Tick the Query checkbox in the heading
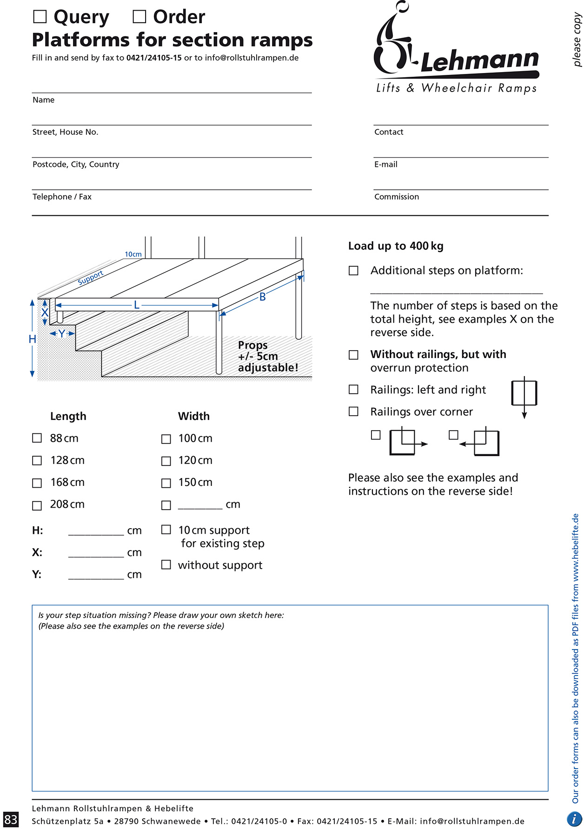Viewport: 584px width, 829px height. pyautogui.click(x=40, y=17)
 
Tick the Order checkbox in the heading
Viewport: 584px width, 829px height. pyautogui.click(x=139, y=17)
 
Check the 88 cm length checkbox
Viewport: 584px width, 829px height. pyautogui.click(x=37, y=438)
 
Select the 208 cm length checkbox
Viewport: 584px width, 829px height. pyautogui.click(x=37, y=505)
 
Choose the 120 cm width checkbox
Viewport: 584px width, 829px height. pyautogui.click(x=166, y=461)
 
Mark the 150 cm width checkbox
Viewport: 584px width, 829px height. pyautogui.click(x=166, y=483)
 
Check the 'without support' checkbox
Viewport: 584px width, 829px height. pyautogui.click(x=166, y=564)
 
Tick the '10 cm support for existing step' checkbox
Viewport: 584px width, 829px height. pyautogui.click(x=166, y=530)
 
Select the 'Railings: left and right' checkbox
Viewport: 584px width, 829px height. pyautogui.click(x=353, y=390)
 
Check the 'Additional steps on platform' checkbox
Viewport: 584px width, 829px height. pyautogui.click(x=353, y=271)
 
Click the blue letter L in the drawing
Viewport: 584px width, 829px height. pyautogui.click(x=137, y=305)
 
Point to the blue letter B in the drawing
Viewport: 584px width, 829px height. pyautogui.click(x=263, y=297)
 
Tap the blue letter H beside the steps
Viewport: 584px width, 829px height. pyautogui.click(x=32, y=339)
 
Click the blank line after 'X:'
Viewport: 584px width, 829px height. pyautogui.click(x=96, y=553)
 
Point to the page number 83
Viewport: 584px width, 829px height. pyautogui.click(x=11, y=819)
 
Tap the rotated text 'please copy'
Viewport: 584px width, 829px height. pyautogui.click(x=577, y=40)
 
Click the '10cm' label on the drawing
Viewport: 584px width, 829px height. pyautogui.click(x=133, y=254)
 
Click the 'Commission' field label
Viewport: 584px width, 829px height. pyautogui.click(x=397, y=197)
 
